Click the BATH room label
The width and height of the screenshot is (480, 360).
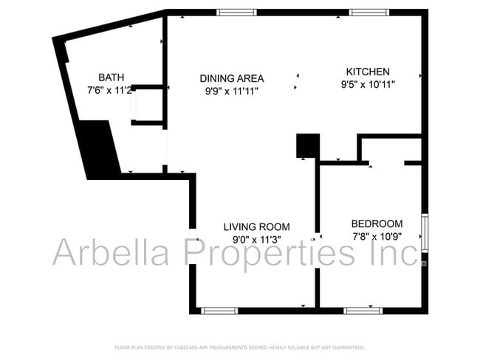pyautogui.click(x=111, y=77)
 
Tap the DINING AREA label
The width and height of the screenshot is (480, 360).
pyautogui.click(x=232, y=78)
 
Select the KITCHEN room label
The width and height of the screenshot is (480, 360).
pyautogui.click(x=368, y=72)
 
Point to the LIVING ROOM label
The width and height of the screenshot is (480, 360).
pyautogui.click(x=257, y=226)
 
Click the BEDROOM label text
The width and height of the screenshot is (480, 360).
pyautogui.click(x=377, y=224)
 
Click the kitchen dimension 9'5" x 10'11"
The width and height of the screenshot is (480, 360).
pyautogui.click(x=368, y=84)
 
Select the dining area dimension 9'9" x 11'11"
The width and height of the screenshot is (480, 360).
pyautogui.click(x=232, y=91)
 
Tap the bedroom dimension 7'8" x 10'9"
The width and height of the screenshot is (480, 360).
pyautogui.click(x=377, y=236)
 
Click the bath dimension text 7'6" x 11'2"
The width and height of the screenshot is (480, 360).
pyautogui.click(x=109, y=89)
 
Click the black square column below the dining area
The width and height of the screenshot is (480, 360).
pyautogui.click(x=307, y=145)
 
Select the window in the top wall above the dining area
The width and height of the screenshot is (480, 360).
pyautogui.click(x=237, y=12)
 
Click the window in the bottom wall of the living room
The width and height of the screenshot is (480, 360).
pyautogui.click(x=220, y=311)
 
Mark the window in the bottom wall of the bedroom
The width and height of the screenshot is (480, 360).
pyautogui.click(x=363, y=311)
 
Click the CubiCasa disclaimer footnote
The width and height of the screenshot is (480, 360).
pyautogui.click(x=239, y=347)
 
